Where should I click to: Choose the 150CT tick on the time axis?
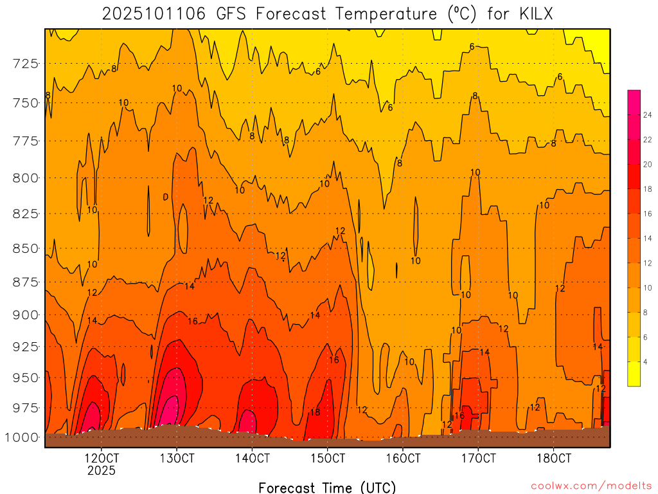pos(328,459)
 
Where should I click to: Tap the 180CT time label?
pos(554,459)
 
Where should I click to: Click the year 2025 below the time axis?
pos(102,471)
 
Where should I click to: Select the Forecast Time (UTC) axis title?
pos(327,487)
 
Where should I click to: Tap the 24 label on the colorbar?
pos(648,115)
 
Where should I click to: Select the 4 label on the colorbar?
pos(645,361)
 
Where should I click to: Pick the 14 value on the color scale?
pos(648,239)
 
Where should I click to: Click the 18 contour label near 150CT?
pos(315,412)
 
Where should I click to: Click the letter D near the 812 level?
pos(166,197)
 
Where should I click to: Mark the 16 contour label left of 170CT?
pos(459,416)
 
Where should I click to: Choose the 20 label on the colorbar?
pos(648,164)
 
